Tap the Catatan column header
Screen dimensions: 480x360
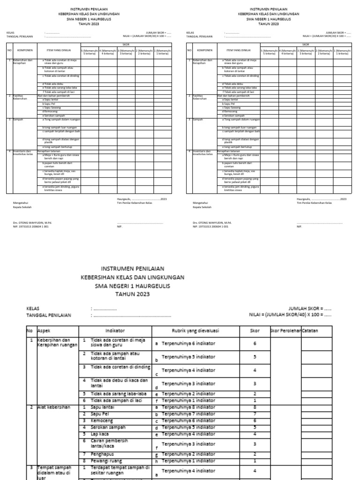click(310, 330)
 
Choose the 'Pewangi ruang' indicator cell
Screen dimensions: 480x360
click(105, 461)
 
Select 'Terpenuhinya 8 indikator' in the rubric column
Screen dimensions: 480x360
click(188, 407)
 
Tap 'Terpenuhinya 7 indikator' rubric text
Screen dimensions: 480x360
click(188, 414)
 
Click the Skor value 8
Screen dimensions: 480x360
click(254, 407)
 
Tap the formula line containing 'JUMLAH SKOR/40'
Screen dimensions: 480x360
click(290, 315)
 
